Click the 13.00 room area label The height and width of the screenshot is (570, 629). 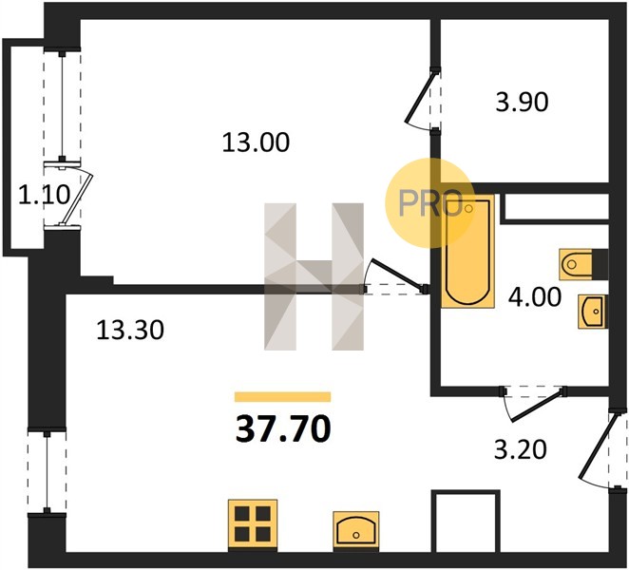256,142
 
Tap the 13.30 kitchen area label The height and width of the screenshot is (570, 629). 130,331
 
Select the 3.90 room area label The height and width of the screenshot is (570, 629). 522,102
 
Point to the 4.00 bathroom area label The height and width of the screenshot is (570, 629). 535,297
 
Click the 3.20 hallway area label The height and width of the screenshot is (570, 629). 521,449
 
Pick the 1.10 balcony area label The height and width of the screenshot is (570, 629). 44,196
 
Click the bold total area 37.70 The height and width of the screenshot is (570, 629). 283,428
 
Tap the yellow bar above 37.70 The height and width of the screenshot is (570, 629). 283,397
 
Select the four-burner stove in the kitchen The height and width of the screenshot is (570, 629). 253,524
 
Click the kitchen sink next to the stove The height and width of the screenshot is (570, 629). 356,529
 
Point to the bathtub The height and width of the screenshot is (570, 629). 467,251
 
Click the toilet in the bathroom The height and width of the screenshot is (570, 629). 583,264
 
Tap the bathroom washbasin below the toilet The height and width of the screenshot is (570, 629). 593,312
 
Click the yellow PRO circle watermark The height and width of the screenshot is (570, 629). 430,202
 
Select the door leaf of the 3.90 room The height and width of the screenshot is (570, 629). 420,97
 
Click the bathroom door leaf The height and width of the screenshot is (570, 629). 537,405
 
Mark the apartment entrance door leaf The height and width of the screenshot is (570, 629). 597,446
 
